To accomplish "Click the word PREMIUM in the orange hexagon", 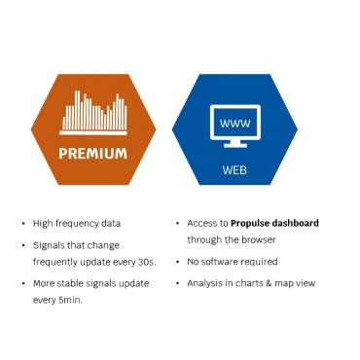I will (92, 153).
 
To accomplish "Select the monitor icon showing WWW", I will (235, 130).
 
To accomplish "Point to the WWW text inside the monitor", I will (235, 124).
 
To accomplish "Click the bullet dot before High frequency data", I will (24, 225).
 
